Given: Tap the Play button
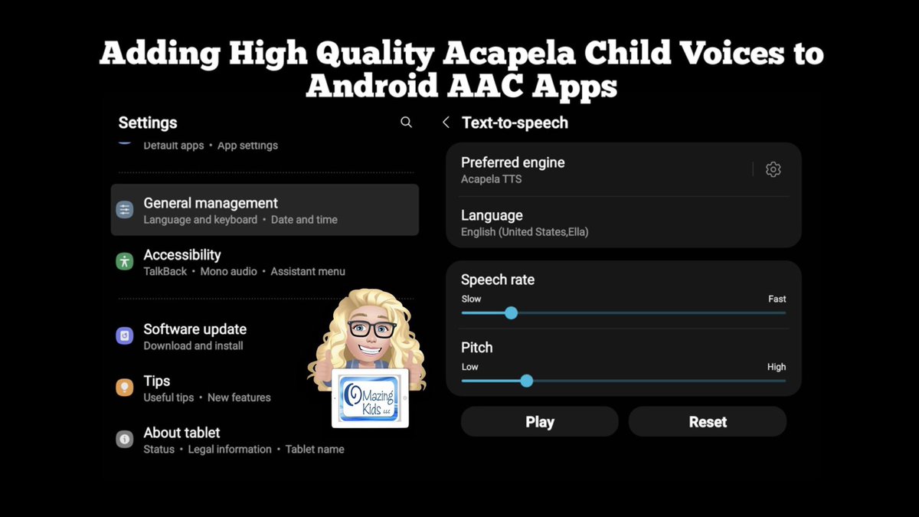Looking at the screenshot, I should [x=539, y=422].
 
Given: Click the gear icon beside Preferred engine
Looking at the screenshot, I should [x=773, y=169].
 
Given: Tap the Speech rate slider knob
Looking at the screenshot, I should [x=511, y=312].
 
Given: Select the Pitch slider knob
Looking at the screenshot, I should [x=526, y=381].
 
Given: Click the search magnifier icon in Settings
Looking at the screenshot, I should [x=406, y=123].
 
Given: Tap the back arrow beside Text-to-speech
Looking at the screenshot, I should [x=446, y=123].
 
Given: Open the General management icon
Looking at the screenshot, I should [x=125, y=210].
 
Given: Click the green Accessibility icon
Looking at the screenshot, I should [x=125, y=261].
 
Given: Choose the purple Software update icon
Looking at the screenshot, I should [x=125, y=335].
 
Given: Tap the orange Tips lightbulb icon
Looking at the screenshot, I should [x=125, y=388].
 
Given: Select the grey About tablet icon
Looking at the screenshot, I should [x=125, y=440].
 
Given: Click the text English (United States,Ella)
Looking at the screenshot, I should [x=525, y=231].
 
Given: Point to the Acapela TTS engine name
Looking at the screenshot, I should [x=492, y=179].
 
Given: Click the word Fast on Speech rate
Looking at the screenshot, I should [x=777, y=299].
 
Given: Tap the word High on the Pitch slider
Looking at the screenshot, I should [x=777, y=367].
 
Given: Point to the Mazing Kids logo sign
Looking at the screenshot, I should [x=370, y=397].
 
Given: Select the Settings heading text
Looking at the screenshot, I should [x=148, y=123].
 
